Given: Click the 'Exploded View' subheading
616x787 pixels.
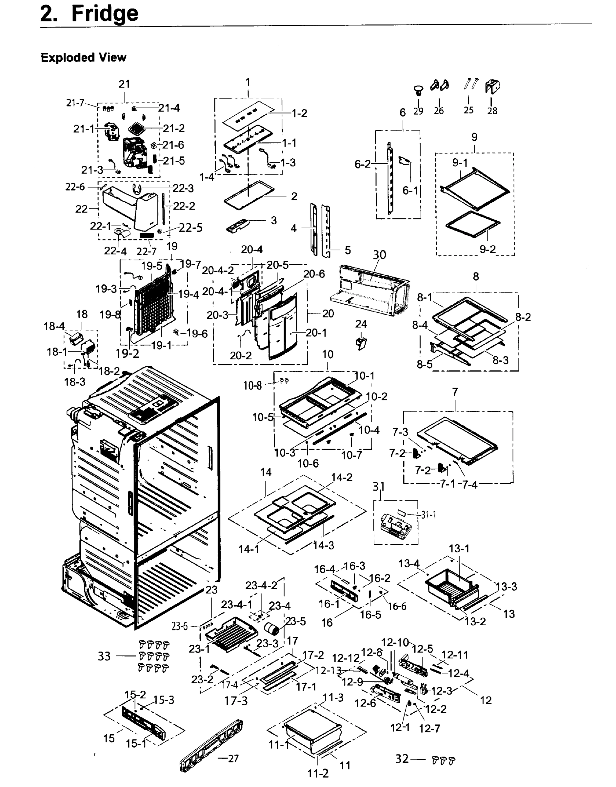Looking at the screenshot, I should click(x=83, y=57).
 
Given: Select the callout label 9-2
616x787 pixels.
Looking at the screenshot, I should click(x=487, y=249).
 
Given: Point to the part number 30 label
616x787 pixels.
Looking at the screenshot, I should click(x=379, y=255).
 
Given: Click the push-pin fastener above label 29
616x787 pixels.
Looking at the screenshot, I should click(x=418, y=90).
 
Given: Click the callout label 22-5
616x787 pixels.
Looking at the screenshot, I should click(x=190, y=228).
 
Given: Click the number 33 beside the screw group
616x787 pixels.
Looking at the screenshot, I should click(x=104, y=656).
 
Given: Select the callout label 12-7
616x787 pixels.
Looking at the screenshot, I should click(x=429, y=729).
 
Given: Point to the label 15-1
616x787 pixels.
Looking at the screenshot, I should click(x=136, y=744).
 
